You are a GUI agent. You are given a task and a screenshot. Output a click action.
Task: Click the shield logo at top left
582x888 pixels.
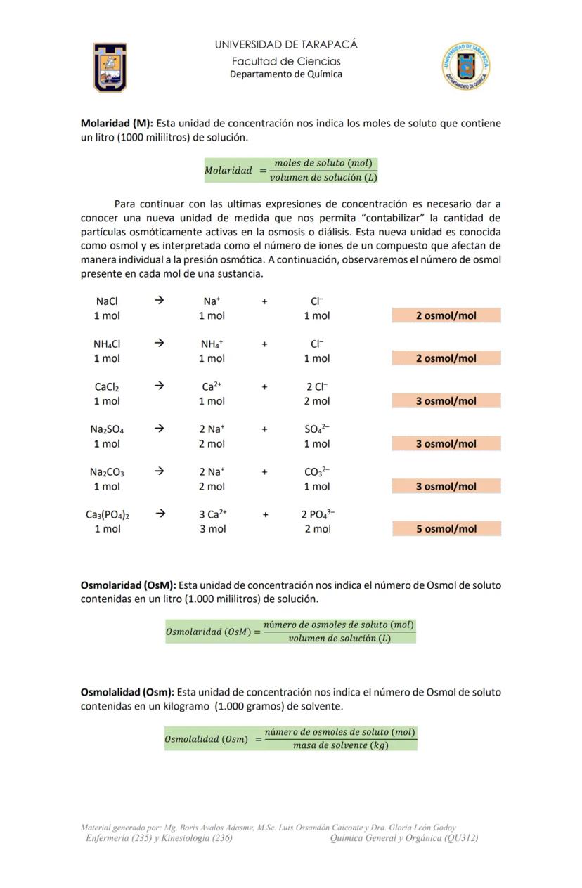110,67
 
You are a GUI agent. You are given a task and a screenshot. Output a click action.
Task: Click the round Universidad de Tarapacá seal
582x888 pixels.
465,67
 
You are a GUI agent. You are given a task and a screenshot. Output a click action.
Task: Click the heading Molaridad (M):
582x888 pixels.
117,123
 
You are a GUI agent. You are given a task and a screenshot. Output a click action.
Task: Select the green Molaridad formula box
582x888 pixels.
291,170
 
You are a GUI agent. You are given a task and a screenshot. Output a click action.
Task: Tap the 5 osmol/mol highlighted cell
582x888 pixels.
446,529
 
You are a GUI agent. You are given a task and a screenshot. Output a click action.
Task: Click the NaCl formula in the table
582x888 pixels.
107,301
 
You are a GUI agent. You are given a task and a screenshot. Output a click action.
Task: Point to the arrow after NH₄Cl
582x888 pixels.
159,344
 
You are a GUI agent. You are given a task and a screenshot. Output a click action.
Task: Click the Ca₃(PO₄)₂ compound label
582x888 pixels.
108,514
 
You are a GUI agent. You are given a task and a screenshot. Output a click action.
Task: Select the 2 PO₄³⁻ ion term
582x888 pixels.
318,514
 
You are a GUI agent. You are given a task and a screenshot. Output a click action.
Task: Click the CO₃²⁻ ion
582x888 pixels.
317,471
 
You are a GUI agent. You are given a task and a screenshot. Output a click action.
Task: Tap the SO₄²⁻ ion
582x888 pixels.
317,429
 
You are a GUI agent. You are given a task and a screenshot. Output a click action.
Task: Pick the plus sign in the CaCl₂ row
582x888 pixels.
265,386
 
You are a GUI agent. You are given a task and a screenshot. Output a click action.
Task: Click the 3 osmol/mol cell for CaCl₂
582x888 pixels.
446,401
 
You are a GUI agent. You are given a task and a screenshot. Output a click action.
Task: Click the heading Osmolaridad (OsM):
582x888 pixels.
129,585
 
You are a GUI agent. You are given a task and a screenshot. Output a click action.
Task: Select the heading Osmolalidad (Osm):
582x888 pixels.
127,692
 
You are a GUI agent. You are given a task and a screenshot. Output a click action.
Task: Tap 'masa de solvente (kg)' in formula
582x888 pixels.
340,745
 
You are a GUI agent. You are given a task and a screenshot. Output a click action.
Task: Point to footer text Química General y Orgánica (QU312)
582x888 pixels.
404,837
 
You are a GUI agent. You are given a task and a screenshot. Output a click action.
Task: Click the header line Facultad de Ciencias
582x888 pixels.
286,61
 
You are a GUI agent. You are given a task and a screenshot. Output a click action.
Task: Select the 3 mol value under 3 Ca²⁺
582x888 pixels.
212,529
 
